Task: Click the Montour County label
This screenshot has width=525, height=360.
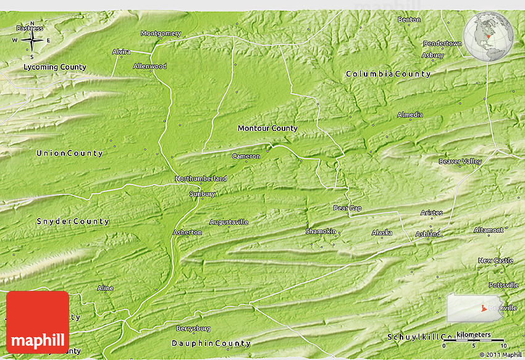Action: tap(267, 128)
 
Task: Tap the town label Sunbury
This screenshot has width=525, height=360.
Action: tap(202, 194)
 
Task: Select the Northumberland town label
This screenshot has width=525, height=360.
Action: tap(201, 178)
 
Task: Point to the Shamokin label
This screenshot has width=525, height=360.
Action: tap(321, 231)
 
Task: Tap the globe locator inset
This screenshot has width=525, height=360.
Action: tap(488, 35)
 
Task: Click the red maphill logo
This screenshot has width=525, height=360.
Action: tap(38, 322)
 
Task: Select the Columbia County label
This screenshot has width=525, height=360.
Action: tap(388, 74)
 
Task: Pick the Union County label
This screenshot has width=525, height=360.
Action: tap(69, 153)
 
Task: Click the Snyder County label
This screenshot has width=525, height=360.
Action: tap(72, 221)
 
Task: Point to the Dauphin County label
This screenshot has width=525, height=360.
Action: tap(211, 343)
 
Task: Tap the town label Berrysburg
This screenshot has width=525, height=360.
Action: tap(193, 329)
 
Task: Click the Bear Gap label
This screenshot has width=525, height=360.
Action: tap(347, 208)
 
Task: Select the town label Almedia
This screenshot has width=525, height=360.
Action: tap(410, 115)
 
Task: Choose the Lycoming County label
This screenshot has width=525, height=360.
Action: tap(55, 67)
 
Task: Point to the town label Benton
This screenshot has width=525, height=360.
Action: tap(409, 20)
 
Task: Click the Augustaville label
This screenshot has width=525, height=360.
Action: tap(229, 222)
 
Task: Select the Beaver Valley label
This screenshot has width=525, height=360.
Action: tap(460, 161)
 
